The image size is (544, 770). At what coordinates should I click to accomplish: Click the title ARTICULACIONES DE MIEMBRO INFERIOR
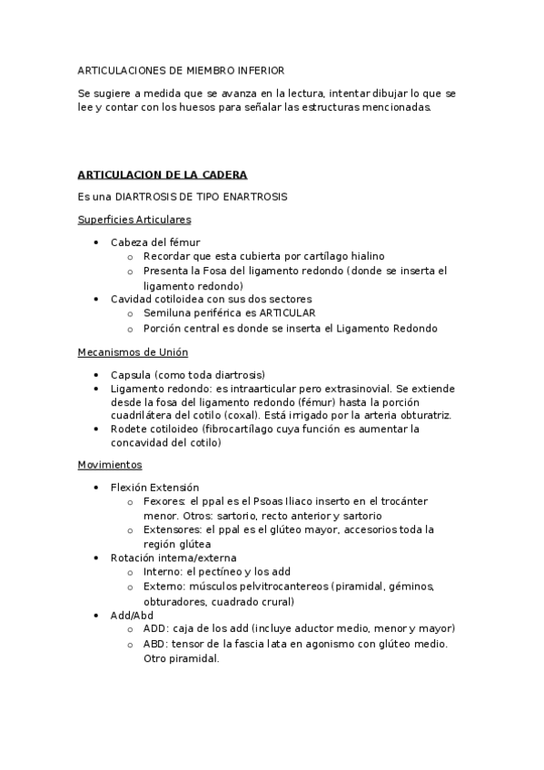181,69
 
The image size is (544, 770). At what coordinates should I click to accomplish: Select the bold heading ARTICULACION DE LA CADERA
163,174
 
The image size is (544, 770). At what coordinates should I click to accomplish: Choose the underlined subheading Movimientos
110,465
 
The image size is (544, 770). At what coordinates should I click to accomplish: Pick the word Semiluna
165,312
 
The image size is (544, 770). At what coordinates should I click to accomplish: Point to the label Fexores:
163,501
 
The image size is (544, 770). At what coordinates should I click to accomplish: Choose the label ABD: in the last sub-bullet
156,644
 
